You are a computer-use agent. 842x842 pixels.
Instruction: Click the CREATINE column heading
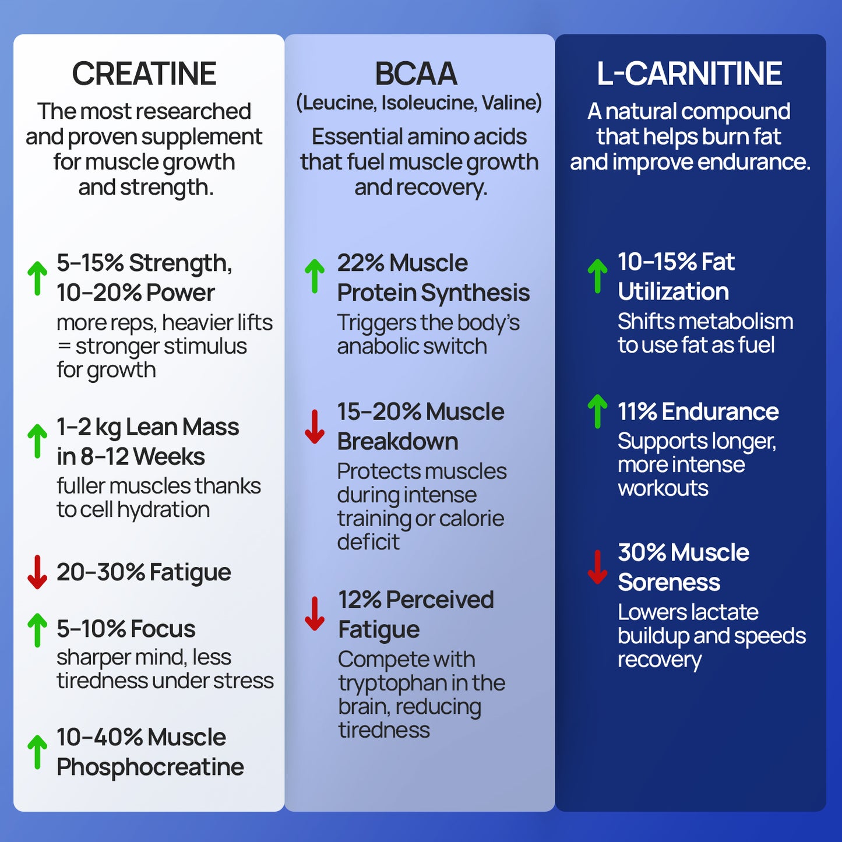[144, 74]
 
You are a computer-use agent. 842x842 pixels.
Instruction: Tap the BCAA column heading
[415, 74]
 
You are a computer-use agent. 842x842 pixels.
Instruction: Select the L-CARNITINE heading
[689, 74]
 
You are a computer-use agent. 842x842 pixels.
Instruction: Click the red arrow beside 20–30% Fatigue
[37, 572]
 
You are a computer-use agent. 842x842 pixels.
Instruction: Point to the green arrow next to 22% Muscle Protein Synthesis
[315, 276]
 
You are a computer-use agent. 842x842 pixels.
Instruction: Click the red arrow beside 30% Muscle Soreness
[597, 567]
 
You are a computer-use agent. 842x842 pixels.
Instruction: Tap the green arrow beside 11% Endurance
[597, 411]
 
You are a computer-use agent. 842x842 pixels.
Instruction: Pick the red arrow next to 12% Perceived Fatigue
[315, 614]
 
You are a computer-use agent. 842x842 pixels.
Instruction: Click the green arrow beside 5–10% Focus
[37, 630]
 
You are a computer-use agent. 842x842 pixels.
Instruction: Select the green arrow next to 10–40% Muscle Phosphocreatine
[37, 752]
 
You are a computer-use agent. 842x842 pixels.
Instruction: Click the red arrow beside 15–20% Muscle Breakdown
[315, 427]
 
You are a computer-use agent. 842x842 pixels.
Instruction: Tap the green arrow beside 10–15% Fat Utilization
[597, 276]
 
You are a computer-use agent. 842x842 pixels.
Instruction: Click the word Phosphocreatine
[150, 767]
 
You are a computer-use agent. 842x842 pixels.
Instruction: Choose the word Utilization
[673, 292]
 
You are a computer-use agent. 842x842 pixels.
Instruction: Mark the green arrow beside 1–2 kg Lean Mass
[37, 441]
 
